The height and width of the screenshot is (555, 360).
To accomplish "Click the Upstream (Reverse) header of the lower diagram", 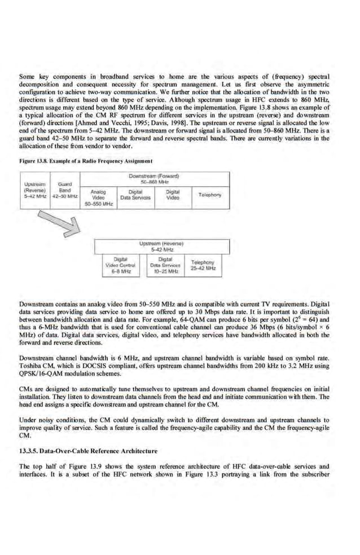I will pos(162,246).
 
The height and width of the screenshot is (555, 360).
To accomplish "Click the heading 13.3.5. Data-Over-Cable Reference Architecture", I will pos(89,451).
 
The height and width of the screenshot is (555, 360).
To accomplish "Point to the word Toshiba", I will pos(31,366).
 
